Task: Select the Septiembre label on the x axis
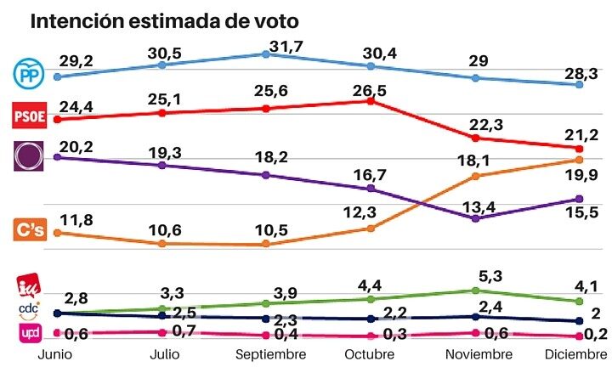click(265, 356)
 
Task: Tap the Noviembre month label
click(476, 356)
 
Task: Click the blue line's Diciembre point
click(580, 85)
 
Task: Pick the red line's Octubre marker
click(371, 100)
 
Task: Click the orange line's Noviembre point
click(476, 176)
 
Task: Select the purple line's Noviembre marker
click(476, 218)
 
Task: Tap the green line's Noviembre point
click(476, 291)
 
